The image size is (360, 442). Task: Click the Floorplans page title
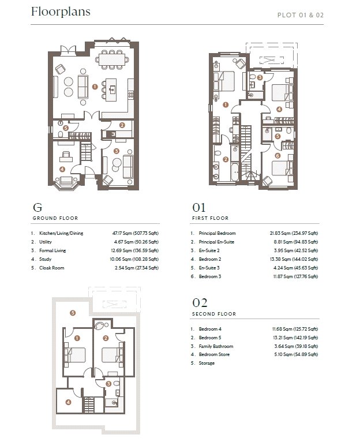61,12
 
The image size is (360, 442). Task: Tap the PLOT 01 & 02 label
300,15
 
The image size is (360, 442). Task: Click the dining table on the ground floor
112,59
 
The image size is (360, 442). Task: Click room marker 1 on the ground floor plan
95,87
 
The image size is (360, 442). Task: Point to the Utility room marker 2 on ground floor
122,125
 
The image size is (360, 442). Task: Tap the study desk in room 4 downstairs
66,159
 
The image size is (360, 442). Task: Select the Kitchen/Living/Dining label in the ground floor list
61,233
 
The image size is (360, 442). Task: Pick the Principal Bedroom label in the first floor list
217,233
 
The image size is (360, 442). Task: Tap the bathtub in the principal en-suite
235,171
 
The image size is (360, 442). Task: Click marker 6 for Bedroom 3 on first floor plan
277,156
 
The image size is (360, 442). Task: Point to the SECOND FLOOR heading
214,314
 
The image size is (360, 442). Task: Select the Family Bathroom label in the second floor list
216,346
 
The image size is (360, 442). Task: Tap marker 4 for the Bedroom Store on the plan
68,402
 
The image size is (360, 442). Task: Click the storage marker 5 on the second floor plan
73,313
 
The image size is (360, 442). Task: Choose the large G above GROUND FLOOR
37,208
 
